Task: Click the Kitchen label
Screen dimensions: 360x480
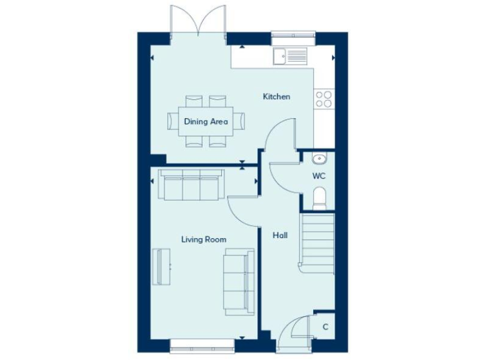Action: click(x=276, y=96)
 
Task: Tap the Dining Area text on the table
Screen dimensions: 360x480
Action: click(x=206, y=121)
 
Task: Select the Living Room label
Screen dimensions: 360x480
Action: click(x=204, y=239)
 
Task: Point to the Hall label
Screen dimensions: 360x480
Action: click(x=280, y=236)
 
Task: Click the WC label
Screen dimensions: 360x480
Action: click(x=319, y=176)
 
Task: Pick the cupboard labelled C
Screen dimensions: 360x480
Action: click(x=325, y=327)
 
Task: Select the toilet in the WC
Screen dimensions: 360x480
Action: click(x=319, y=199)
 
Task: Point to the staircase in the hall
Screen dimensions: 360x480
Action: click(x=317, y=243)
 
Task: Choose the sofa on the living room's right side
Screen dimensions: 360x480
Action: click(x=239, y=279)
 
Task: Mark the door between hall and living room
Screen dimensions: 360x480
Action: click(x=242, y=211)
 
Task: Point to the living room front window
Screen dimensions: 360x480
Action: click(x=202, y=342)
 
